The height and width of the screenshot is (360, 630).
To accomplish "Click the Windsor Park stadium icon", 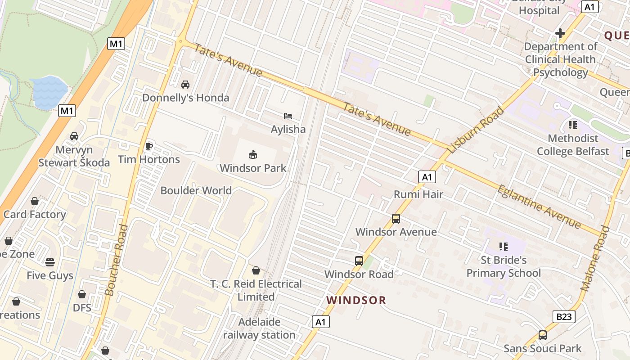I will [253, 155].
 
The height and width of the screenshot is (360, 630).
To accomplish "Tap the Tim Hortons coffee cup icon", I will [149, 146].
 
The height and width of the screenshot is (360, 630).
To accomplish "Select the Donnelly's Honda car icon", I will [185, 85].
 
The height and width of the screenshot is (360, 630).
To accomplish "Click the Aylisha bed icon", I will [288, 116].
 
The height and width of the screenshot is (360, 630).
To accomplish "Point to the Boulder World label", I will [196, 190].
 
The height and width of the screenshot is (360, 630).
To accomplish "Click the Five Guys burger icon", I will [50, 262].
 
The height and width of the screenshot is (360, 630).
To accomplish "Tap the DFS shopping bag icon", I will [82, 295].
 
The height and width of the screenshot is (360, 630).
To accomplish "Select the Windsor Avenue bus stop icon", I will [396, 219].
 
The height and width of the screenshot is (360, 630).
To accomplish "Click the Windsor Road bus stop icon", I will [359, 261].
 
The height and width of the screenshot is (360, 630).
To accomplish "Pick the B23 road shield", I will [563, 317].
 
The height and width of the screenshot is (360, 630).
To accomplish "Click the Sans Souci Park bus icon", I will [543, 335].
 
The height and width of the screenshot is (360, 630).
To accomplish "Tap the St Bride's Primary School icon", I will [504, 247].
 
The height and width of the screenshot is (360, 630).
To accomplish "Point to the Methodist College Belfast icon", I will [572, 125].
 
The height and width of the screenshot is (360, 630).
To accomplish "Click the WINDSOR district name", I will [356, 300].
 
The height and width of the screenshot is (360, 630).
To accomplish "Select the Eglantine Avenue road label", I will [538, 207].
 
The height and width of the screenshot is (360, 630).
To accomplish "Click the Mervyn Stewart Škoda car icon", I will [74, 136].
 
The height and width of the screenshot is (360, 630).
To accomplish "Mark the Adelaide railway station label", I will [259, 328].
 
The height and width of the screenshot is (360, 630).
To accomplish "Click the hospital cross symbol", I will [560, 33].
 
